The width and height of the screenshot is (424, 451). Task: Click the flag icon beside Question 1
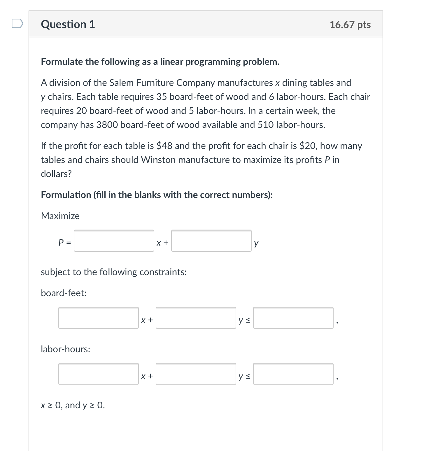[x=17, y=24]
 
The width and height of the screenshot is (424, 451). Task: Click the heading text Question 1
[x=68, y=24]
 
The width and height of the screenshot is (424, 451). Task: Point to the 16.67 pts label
[x=350, y=25]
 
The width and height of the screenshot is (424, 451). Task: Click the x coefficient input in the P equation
[x=114, y=241]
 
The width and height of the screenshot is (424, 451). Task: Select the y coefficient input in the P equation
[x=211, y=241]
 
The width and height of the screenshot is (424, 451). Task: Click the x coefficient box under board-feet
[x=99, y=318]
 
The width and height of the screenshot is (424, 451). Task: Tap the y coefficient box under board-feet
[x=196, y=318]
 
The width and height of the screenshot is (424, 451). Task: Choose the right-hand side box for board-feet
[x=293, y=318]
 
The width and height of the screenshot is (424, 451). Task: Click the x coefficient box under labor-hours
[x=99, y=374]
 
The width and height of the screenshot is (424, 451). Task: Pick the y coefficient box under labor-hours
[x=196, y=374]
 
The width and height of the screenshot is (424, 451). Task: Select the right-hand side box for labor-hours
[x=293, y=374]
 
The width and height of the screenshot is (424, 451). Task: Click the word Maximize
[x=60, y=216]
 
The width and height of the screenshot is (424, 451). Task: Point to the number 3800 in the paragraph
[x=107, y=125]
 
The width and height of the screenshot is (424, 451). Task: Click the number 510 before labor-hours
[x=265, y=125]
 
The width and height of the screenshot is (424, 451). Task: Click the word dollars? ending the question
[x=56, y=174]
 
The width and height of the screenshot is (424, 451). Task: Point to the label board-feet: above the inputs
[x=64, y=293]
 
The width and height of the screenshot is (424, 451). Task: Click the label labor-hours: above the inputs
[x=65, y=349]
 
